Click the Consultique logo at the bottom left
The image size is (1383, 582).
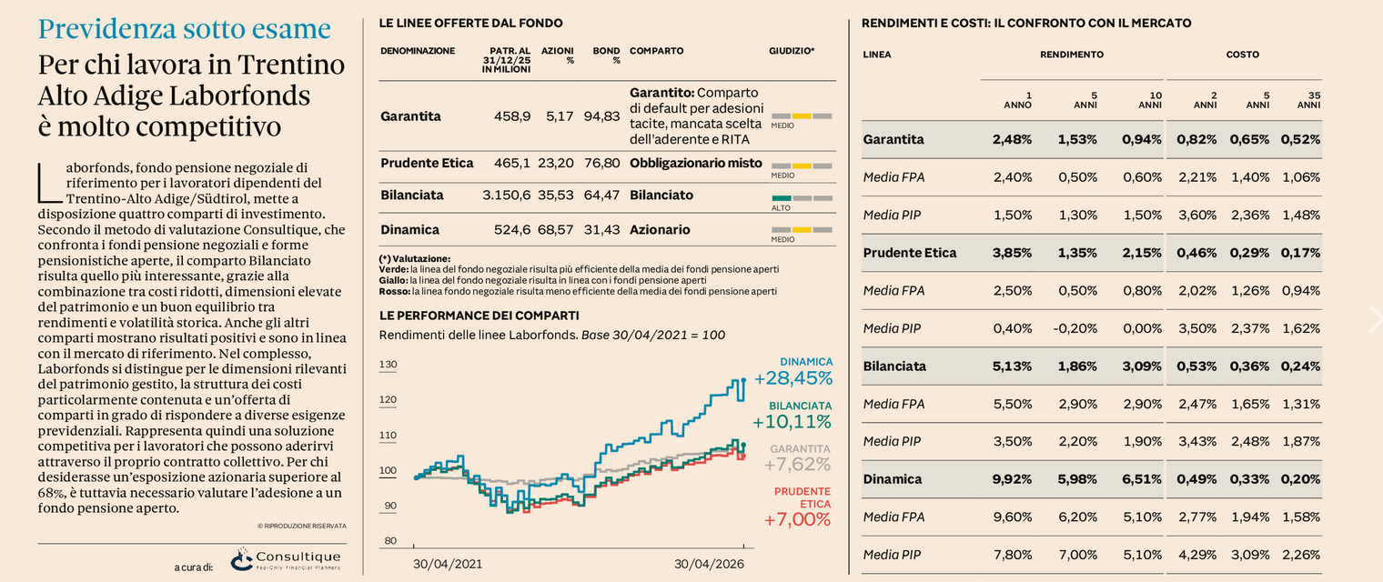(286, 559)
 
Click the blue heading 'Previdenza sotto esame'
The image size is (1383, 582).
(185, 29)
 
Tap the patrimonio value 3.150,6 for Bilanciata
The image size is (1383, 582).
(506, 196)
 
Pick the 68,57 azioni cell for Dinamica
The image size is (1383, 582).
(556, 229)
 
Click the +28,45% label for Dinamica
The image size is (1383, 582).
(793, 377)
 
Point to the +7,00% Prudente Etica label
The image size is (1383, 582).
(797, 519)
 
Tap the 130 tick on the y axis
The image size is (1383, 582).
(388, 364)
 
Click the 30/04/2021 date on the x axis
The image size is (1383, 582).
(448, 564)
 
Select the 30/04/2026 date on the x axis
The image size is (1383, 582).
(709, 564)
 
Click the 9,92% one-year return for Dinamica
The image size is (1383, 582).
(1012, 479)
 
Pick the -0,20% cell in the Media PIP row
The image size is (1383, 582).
(1075, 328)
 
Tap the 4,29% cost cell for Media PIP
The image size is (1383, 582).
(1197, 555)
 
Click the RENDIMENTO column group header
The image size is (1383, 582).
(1072, 55)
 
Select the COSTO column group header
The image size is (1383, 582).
(1243, 55)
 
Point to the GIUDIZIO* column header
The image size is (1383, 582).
(792, 51)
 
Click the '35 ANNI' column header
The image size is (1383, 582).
(1308, 100)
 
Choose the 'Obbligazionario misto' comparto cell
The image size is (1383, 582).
(696, 164)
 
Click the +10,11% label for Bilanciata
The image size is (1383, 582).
(792, 422)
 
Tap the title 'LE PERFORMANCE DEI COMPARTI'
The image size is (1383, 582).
(480, 316)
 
